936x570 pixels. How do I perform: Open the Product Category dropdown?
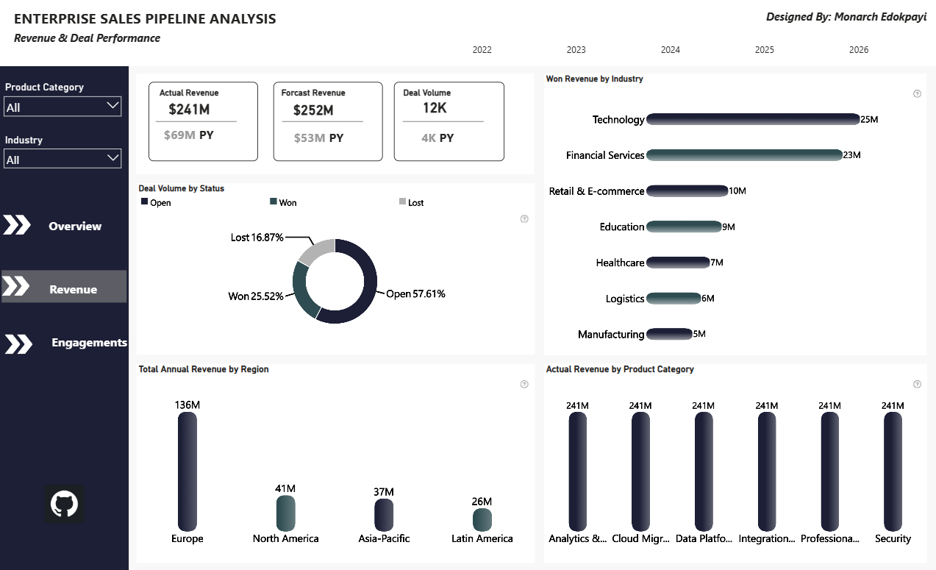pos(62,107)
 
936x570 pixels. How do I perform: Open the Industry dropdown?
pos(62,159)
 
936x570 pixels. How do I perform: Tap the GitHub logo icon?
pos(65,504)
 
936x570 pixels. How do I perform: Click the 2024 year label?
pos(671,50)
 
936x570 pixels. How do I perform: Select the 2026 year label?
pos(859,50)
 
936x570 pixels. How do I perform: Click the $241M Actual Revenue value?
pos(189,110)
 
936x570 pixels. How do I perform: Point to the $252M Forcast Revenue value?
pos(313,110)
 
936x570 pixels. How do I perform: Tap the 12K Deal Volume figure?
pos(435,108)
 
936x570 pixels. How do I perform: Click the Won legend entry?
pos(283,203)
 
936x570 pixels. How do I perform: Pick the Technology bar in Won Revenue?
pos(753,119)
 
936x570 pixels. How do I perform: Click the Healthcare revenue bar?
pos(678,263)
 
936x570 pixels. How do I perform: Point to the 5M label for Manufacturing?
pos(699,334)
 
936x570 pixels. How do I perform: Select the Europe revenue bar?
pos(187,471)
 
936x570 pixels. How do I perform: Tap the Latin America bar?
pos(482,519)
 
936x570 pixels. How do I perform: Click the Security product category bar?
pos(893,471)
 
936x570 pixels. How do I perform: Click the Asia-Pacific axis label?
pos(384,538)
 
